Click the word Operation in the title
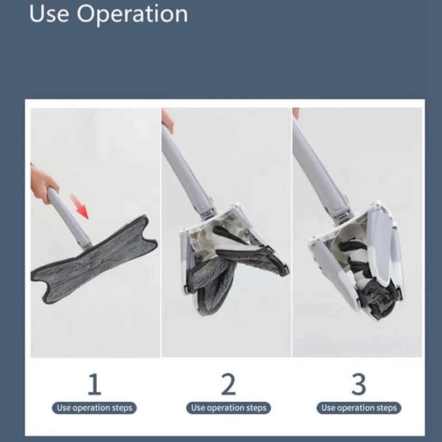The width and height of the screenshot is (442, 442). (x=132, y=15)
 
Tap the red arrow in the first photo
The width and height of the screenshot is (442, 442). (x=80, y=206)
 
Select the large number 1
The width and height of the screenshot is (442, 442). (x=94, y=384)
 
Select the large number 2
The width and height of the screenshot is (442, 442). (x=228, y=384)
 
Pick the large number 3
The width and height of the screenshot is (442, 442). (x=359, y=384)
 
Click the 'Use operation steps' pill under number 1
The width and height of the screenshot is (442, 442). (x=94, y=408)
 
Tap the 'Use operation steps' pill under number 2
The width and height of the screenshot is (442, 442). (x=229, y=408)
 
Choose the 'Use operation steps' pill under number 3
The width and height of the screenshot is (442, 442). (x=359, y=408)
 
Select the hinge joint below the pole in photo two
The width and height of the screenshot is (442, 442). (x=209, y=210)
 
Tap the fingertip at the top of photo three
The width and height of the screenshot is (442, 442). (x=296, y=113)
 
